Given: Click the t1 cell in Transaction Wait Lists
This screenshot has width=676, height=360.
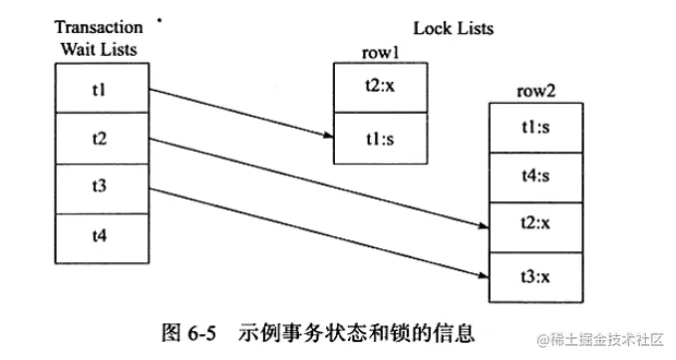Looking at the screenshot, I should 99,89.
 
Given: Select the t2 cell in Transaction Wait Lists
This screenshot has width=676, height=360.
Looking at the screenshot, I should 99,139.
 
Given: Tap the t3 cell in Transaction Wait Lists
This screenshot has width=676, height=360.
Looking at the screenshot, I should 99,187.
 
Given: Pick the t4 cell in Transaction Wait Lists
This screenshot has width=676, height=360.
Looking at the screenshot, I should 99,237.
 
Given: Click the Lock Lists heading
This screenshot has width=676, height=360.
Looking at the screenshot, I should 453,29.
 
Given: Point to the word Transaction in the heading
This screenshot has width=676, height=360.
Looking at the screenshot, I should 99,27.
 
